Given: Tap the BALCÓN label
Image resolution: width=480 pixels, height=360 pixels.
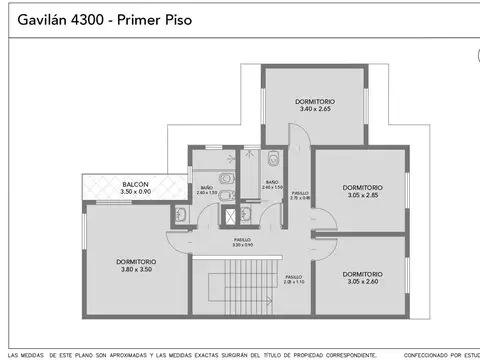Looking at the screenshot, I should point(136,183).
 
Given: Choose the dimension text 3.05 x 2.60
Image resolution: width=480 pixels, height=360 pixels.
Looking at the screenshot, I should point(362,282).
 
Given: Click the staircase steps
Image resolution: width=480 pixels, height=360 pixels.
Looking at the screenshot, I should point(239,296).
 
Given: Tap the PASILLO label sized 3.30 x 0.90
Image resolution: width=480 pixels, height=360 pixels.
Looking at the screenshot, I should point(242,240).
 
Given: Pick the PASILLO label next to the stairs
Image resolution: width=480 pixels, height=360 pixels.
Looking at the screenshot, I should point(293,277).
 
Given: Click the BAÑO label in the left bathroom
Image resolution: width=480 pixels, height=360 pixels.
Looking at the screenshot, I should point(206,187).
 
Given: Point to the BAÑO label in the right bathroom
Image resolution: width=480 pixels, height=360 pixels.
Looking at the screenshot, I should point(272,181).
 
